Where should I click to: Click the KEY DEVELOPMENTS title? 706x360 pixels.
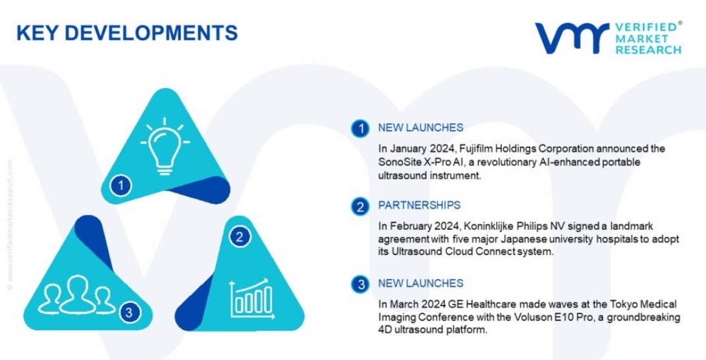point(127,33)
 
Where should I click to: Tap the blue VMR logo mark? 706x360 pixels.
point(573,38)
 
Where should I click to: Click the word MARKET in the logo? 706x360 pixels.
point(642,38)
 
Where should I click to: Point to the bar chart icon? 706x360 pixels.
point(252,298)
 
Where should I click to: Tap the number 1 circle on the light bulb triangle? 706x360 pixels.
point(120,185)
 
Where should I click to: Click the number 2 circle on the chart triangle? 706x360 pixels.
point(240,237)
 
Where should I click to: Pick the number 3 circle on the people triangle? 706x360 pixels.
point(130,312)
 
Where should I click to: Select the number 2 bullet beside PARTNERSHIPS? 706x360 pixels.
point(360,207)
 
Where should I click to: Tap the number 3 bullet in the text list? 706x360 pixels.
point(360,284)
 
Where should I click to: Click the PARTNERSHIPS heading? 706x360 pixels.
point(419,206)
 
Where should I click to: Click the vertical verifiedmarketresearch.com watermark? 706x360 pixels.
point(10,225)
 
